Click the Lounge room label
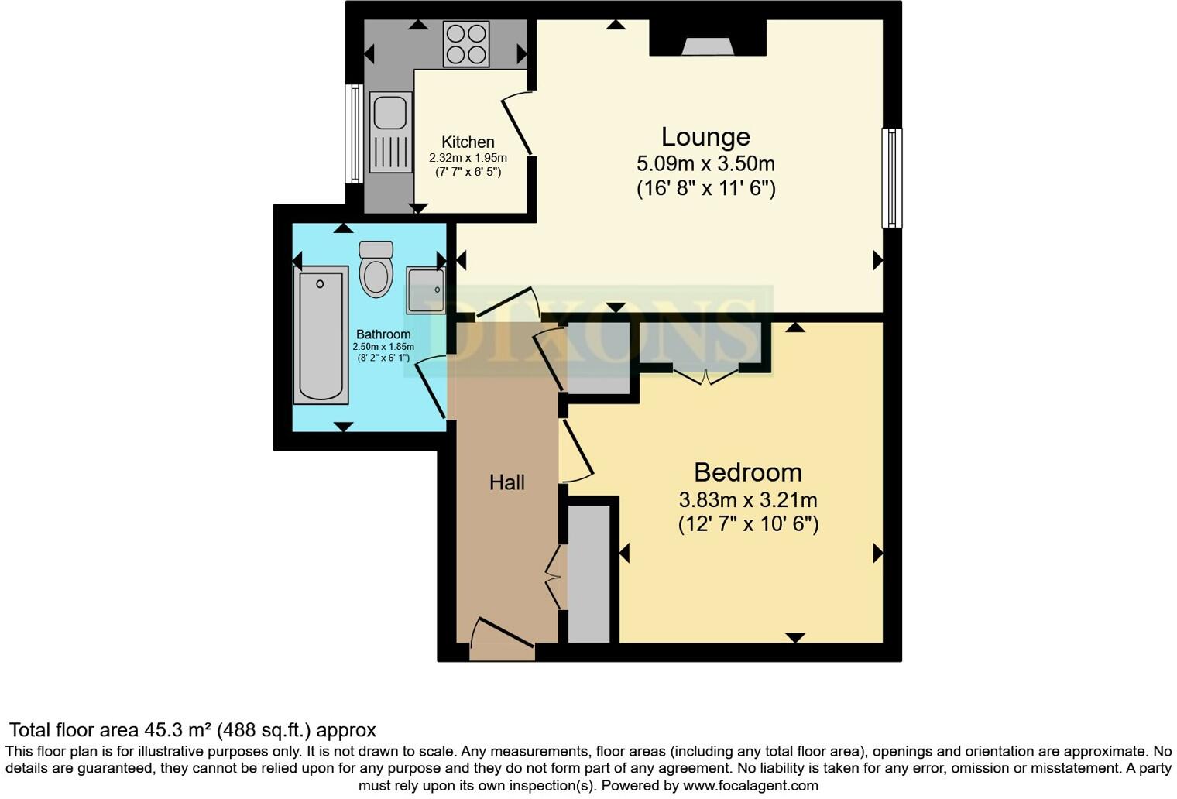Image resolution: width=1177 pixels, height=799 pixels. click(x=705, y=137)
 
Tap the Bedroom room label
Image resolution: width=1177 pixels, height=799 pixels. click(x=747, y=472)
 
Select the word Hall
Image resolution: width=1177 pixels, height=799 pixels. click(x=507, y=482)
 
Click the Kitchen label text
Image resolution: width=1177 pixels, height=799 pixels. click(x=468, y=142)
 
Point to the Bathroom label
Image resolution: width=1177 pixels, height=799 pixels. click(x=383, y=334)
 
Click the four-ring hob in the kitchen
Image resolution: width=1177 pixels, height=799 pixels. click(x=465, y=44)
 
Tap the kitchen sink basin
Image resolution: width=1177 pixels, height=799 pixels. click(x=389, y=112)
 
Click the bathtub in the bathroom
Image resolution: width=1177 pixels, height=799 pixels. click(x=320, y=334)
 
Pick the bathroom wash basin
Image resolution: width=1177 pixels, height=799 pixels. click(x=426, y=290)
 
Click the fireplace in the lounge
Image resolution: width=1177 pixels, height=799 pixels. click(x=707, y=46)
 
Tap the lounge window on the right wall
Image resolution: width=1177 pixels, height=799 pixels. click(x=891, y=178)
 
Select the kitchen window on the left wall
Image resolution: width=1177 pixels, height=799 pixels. click(x=354, y=133)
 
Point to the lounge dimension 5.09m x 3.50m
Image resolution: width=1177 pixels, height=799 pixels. click(x=705, y=164)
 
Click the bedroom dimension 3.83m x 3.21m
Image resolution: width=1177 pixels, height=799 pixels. click(x=747, y=500)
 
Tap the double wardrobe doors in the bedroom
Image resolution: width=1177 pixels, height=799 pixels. click(x=705, y=375)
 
